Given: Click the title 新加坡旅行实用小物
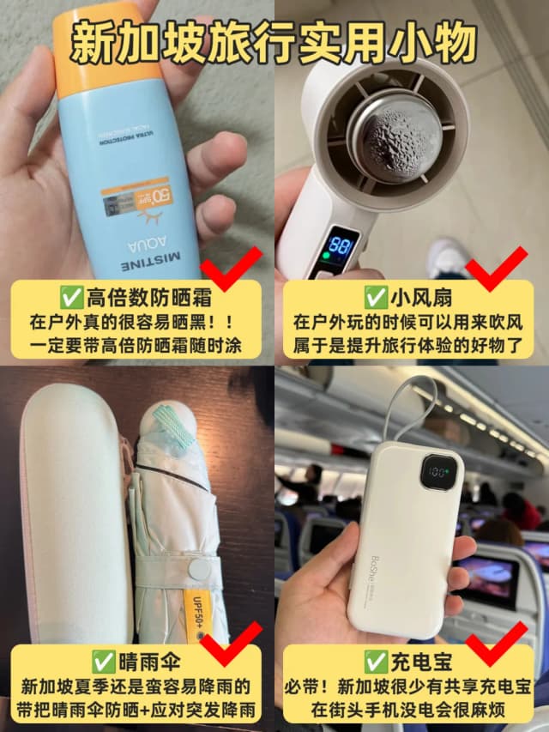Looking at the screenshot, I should click(274, 42).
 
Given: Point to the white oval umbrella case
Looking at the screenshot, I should click(74, 523).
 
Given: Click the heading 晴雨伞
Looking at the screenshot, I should click(137, 661).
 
